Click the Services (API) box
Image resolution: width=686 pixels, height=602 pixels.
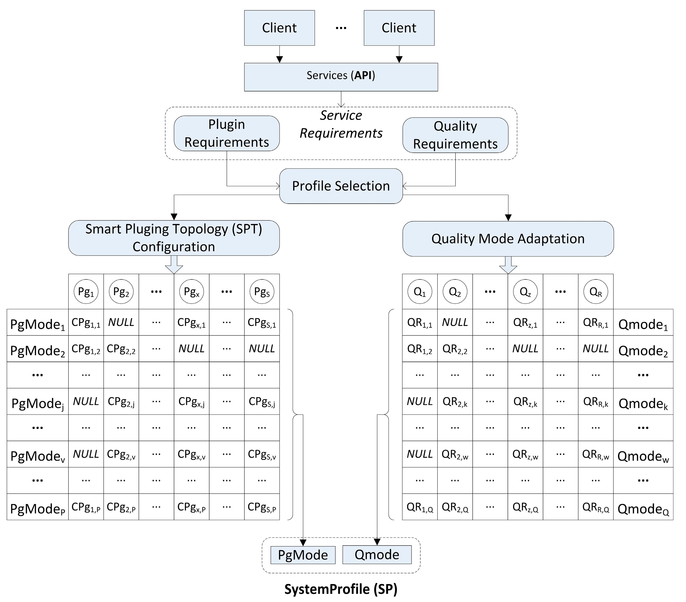[x=341, y=77]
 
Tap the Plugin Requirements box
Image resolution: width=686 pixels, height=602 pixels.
[x=226, y=133]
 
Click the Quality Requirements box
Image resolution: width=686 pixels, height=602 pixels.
[x=455, y=135]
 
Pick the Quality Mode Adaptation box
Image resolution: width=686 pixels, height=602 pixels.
[x=508, y=239]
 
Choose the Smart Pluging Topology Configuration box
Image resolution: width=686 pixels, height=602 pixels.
[x=174, y=238]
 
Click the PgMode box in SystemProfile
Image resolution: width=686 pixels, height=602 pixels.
[x=303, y=555]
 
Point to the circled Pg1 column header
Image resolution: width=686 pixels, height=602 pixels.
[x=86, y=291]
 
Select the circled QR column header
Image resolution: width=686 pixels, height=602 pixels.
[x=595, y=291]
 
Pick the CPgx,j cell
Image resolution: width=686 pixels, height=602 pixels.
[x=192, y=401]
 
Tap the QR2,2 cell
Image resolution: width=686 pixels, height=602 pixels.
[x=455, y=349]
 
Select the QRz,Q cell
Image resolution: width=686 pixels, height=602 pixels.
[x=525, y=507]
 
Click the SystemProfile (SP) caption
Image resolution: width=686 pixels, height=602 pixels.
[x=341, y=589]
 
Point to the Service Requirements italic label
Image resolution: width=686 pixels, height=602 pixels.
[x=341, y=124]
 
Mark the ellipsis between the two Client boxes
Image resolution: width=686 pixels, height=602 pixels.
[x=341, y=28]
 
